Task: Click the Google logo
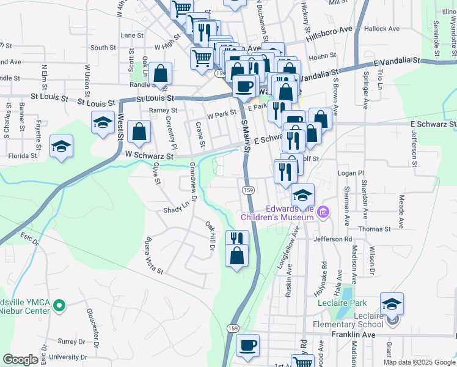click(x=20, y=360)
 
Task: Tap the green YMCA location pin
click(x=59, y=304)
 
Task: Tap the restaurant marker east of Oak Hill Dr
click(x=237, y=240)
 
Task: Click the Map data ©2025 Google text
click(x=419, y=362)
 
